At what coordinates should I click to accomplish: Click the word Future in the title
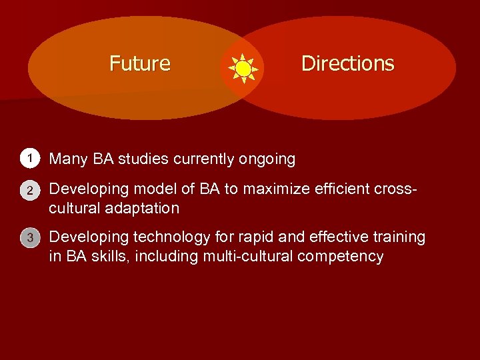(140, 63)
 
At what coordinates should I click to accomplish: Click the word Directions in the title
(347, 63)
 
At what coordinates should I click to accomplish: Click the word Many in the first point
(68, 159)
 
